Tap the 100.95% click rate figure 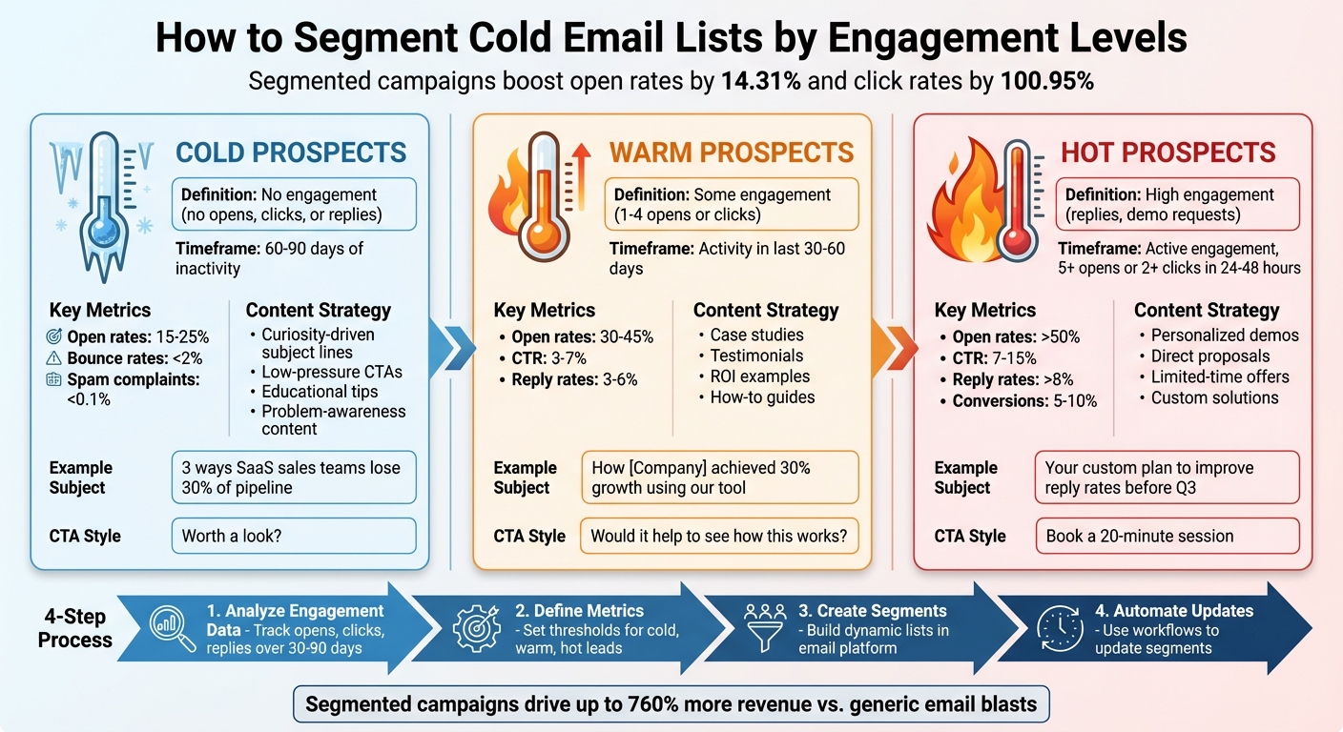coord(1046,81)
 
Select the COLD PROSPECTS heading coord(291,152)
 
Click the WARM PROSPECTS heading coord(732,152)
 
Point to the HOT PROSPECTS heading coord(1167,152)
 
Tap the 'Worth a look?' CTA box coord(294,536)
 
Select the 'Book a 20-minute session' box coord(1167,536)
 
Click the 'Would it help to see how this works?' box coord(719,536)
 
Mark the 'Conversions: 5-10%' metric coord(1024,401)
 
